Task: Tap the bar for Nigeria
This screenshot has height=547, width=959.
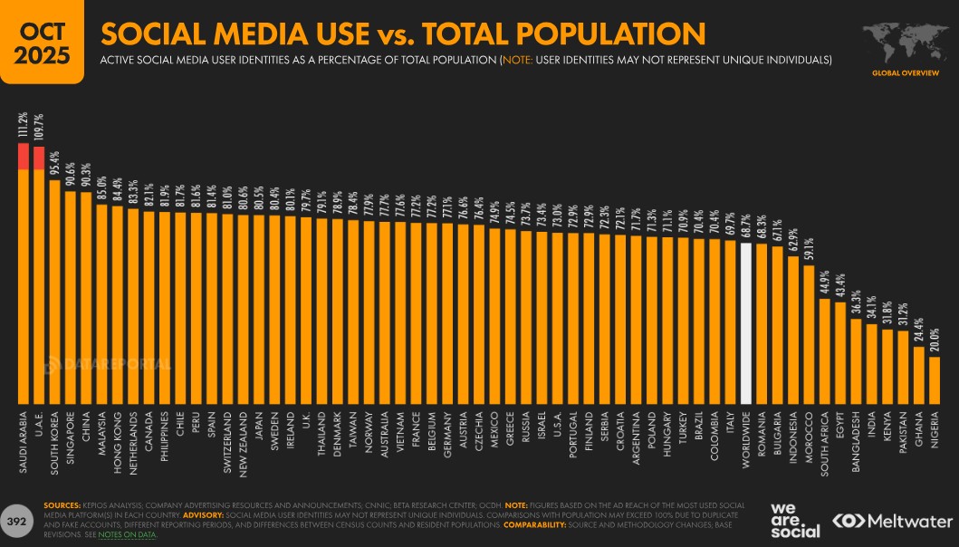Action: point(935,380)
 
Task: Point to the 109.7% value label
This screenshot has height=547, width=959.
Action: point(39,128)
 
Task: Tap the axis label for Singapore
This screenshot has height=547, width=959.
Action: point(71,439)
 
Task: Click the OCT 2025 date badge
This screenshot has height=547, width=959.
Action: point(41,42)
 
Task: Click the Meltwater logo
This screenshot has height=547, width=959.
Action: point(892,521)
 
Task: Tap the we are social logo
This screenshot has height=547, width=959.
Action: point(795,521)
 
